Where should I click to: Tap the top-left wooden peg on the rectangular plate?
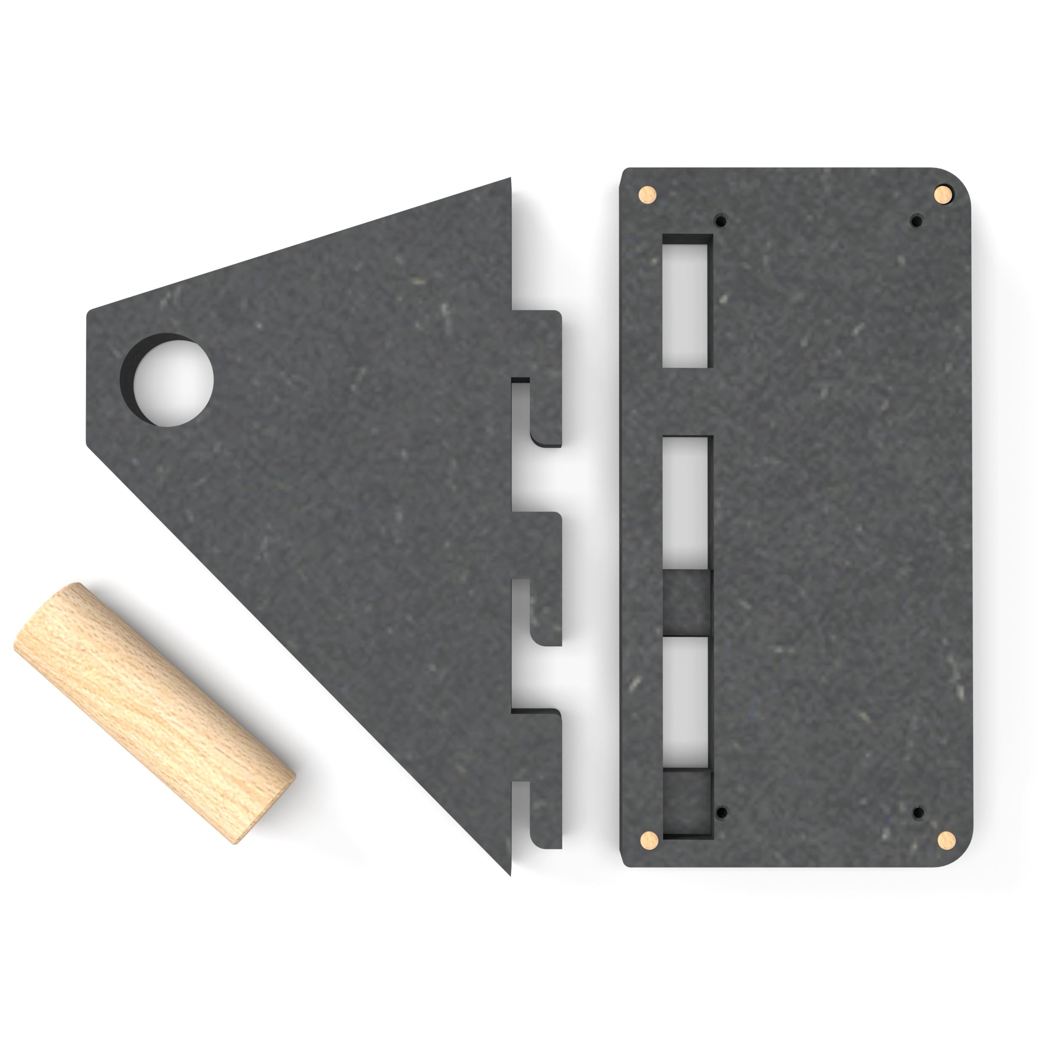click(647, 194)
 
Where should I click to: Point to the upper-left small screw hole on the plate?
click(721, 221)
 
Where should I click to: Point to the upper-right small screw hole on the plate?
click(916, 221)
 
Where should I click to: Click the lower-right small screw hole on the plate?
click(918, 812)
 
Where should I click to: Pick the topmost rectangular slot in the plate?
click(686, 305)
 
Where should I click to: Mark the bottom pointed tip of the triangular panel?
click(509, 872)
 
